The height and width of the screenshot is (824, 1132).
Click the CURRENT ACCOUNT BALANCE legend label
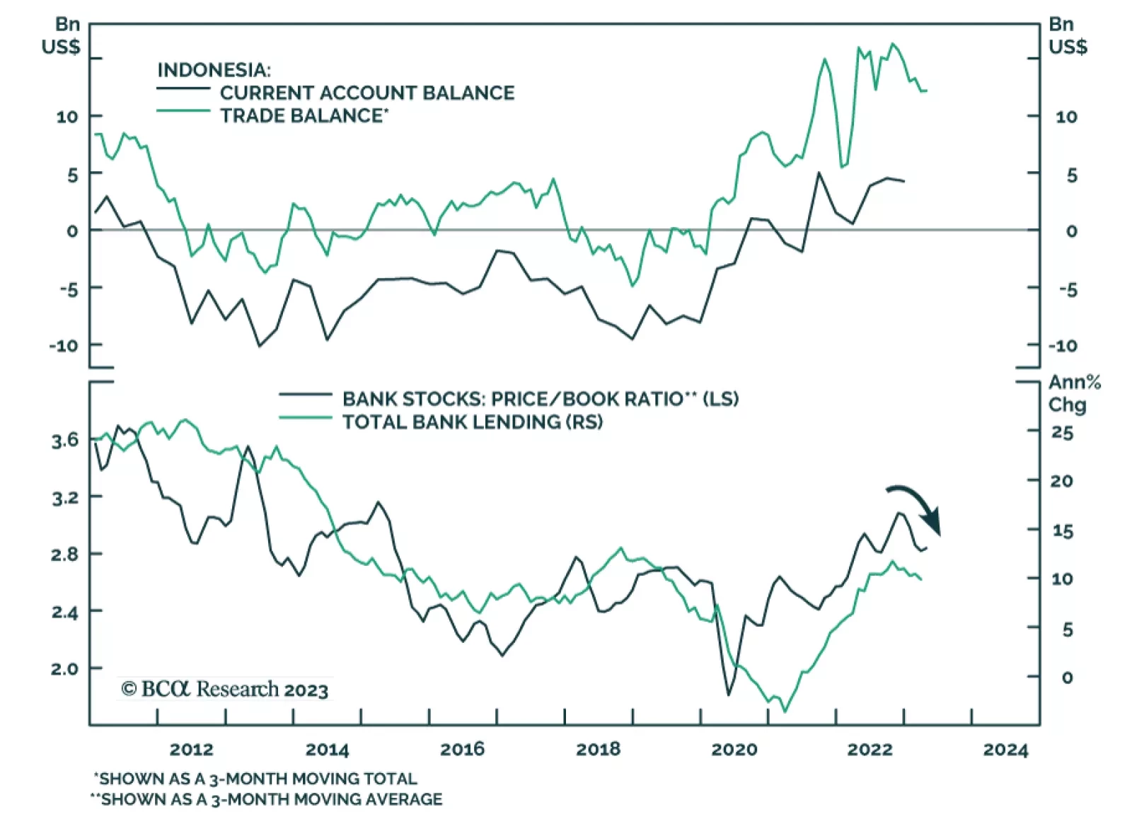click(366, 93)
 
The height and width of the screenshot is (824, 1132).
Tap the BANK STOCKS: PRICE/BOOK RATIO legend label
click(540, 399)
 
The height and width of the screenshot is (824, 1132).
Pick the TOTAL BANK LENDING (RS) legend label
click(473, 422)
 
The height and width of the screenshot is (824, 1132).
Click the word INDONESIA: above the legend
click(214, 70)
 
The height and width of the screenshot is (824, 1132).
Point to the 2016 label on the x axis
click(462, 749)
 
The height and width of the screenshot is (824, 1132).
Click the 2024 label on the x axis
click(1005, 749)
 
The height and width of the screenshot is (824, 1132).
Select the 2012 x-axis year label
click(191, 749)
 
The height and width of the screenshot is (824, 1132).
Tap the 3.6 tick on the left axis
click(65, 441)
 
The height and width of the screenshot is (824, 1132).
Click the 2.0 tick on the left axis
click(65, 668)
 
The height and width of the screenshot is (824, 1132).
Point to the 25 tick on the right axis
click(1062, 432)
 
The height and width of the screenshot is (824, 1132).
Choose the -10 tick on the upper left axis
click(63, 346)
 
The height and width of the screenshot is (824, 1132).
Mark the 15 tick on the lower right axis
click(1062, 530)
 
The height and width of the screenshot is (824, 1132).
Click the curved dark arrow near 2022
click(917, 506)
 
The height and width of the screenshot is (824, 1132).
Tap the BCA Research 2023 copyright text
click(225, 689)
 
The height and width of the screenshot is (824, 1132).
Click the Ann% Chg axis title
click(1074, 393)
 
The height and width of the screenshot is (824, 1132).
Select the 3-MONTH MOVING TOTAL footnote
click(256, 779)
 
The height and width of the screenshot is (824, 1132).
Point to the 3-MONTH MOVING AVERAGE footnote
click(267, 799)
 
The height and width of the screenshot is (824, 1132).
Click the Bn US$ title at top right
click(1067, 35)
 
